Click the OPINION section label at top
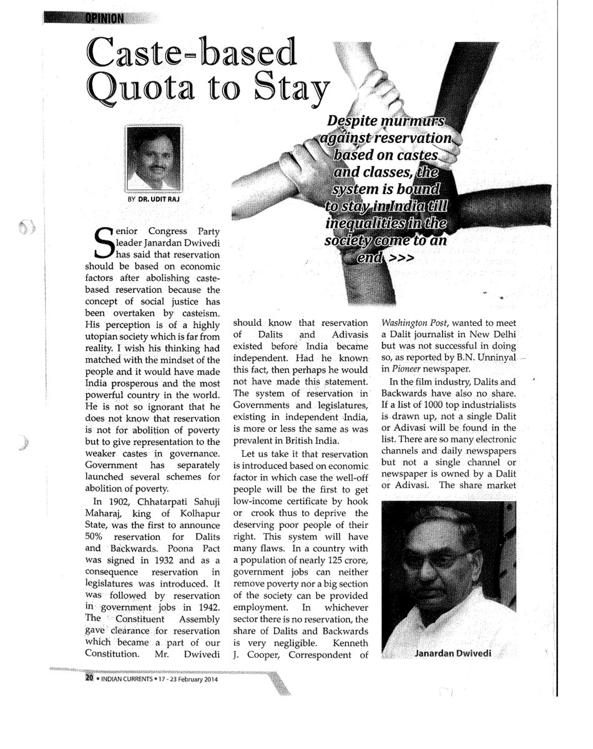click(102, 17)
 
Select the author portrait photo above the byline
click(154, 160)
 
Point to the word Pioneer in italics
click(407, 369)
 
